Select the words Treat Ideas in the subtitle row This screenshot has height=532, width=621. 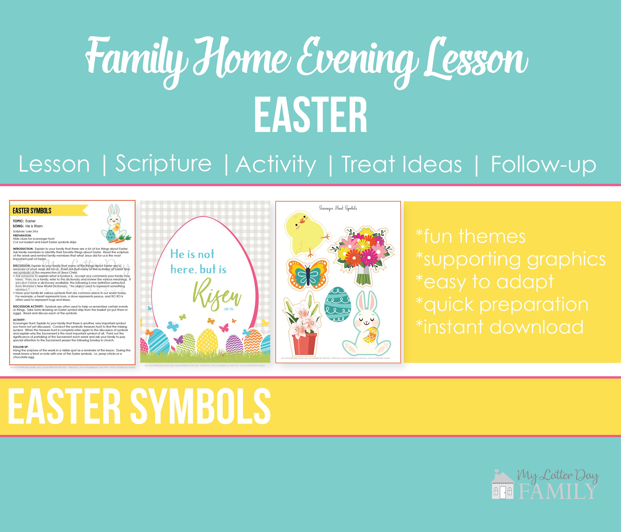[402, 164]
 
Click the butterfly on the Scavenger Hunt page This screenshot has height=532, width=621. [308, 274]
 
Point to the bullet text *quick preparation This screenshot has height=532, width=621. [502, 305]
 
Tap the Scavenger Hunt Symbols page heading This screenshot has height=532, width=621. [338, 208]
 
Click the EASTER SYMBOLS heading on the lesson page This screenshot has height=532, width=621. [32, 211]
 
